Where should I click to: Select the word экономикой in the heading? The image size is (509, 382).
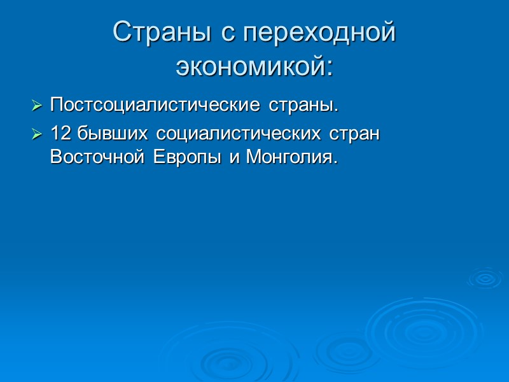(250, 66)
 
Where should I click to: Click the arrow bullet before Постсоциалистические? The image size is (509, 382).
(38, 105)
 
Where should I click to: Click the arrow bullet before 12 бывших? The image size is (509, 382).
(38, 135)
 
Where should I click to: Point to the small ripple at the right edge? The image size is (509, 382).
(485, 278)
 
